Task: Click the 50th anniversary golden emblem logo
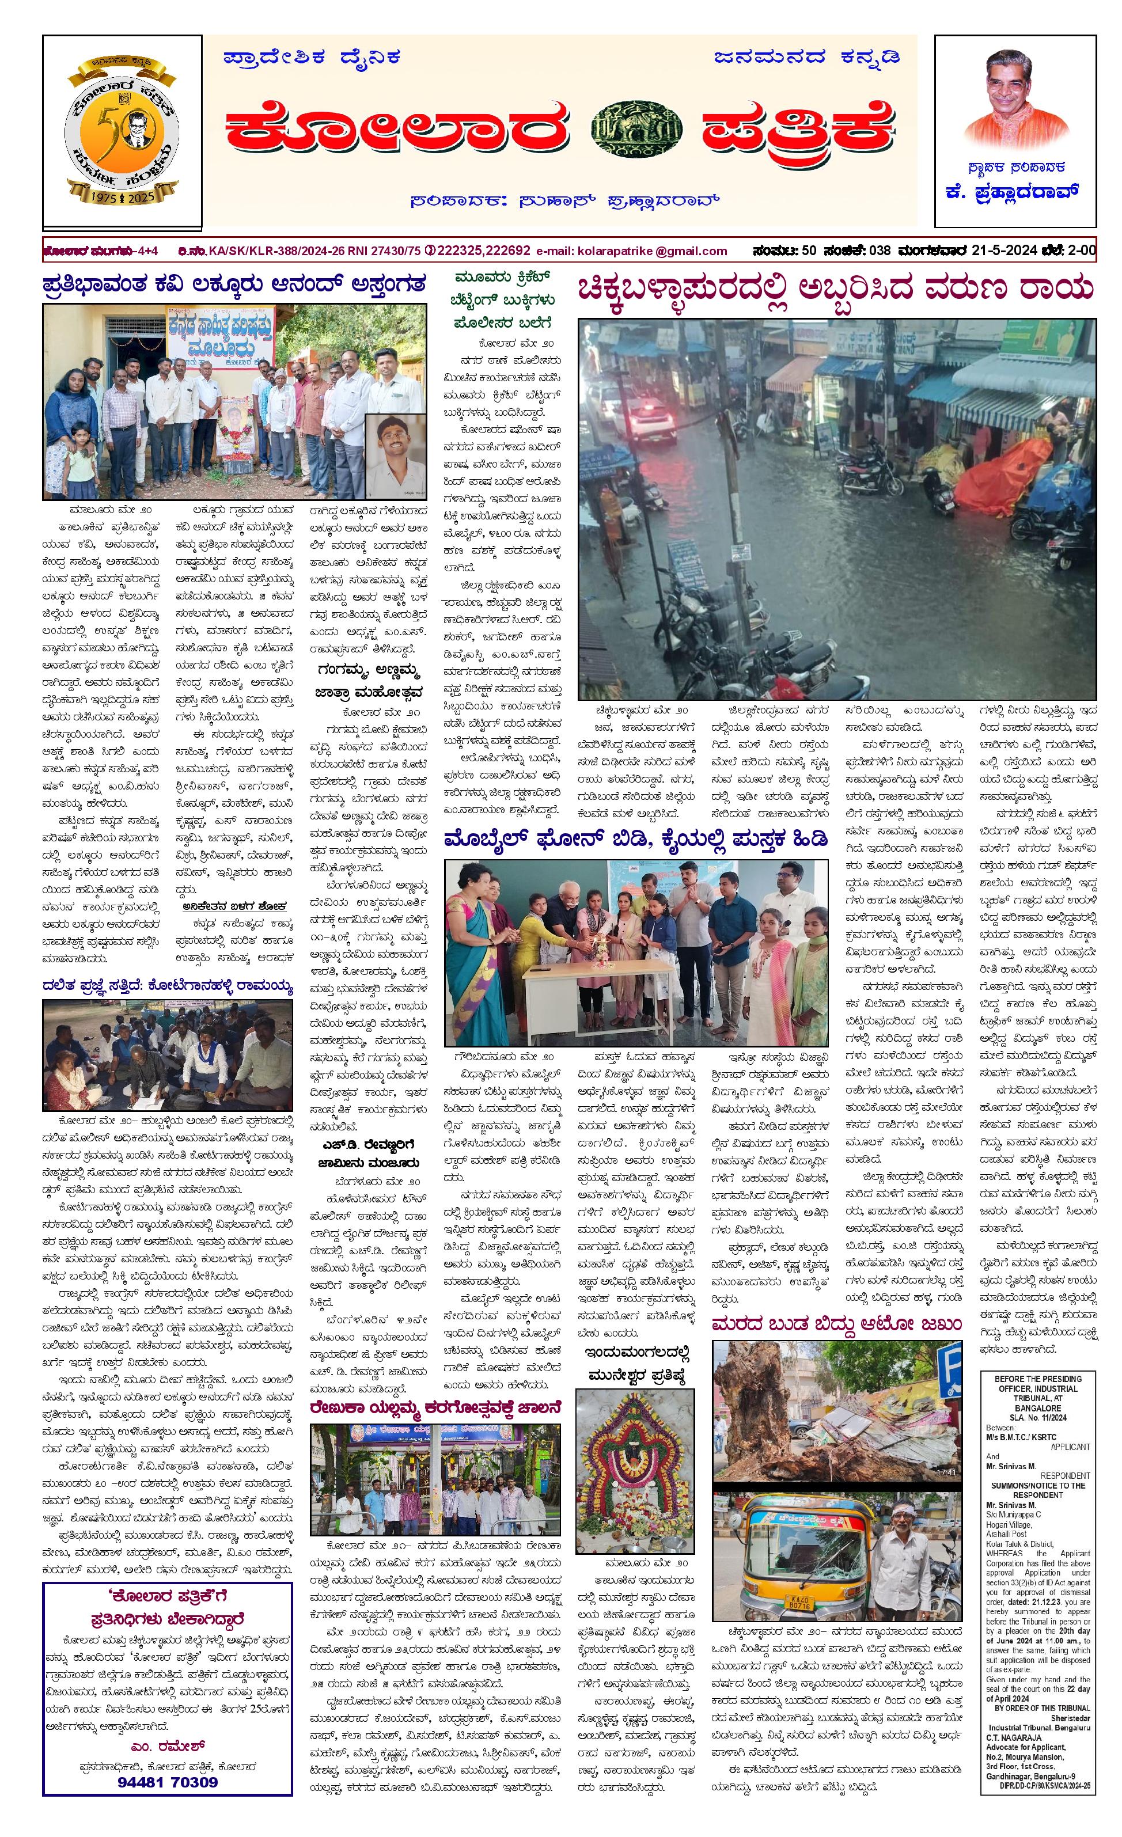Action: pyautogui.click(x=122, y=132)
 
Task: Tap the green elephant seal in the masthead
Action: pyautogui.click(x=635, y=131)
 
